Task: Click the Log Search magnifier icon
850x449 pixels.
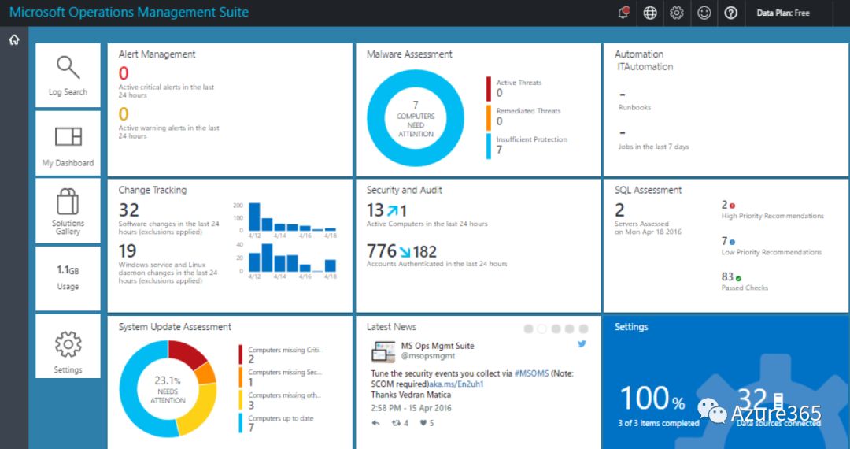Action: coord(68,68)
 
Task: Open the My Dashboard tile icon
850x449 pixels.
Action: coord(68,136)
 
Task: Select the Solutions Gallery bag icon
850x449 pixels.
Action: coord(68,202)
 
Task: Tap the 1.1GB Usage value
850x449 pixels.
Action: coord(68,269)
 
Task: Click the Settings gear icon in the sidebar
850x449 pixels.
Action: coord(68,344)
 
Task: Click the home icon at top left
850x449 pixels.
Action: coord(14,40)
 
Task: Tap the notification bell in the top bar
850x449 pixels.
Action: coord(623,13)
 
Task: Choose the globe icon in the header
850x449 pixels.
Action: coord(650,13)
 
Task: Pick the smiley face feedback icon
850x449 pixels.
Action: coord(704,13)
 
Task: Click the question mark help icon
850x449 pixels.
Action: coord(730,13)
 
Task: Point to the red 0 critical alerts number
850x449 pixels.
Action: coord(124,74)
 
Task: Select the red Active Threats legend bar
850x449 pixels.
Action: coord(489,88)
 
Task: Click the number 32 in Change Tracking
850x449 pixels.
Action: coord(129,210)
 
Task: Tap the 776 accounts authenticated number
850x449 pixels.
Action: coord(382,251)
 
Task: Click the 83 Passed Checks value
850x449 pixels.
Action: coord(727,276)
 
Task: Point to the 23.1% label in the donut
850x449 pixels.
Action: coord(168,380)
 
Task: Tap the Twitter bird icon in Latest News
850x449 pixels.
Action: coord(582,344)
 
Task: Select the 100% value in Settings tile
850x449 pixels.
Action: coord(652,399)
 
